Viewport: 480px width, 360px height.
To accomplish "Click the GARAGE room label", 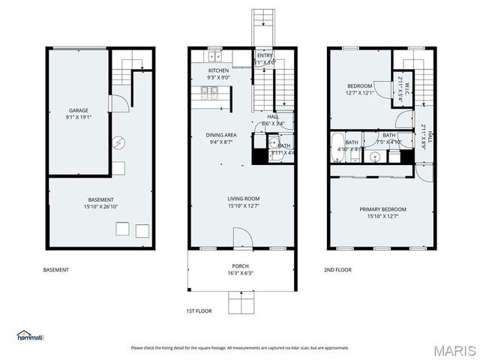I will [x=79, y=109].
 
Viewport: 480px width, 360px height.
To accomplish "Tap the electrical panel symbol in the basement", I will [x=118, y=142].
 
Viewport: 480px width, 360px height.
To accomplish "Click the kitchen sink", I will [x=214, y=56].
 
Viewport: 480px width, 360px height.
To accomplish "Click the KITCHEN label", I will [x=219, y=70].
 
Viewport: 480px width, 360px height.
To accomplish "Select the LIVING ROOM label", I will [x=242, y=199].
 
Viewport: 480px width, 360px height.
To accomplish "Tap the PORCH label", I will [x=241, y=265].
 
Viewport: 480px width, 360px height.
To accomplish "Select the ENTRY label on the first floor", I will [x=265, y=55].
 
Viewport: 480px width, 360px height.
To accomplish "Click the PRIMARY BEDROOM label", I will [x=381, y=209].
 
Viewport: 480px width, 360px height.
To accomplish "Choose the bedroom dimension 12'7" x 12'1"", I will [x=358, y=93].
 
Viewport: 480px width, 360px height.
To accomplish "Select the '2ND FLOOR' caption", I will [x=337, y=270].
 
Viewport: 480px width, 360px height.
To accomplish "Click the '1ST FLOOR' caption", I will [x=199, y=310].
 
